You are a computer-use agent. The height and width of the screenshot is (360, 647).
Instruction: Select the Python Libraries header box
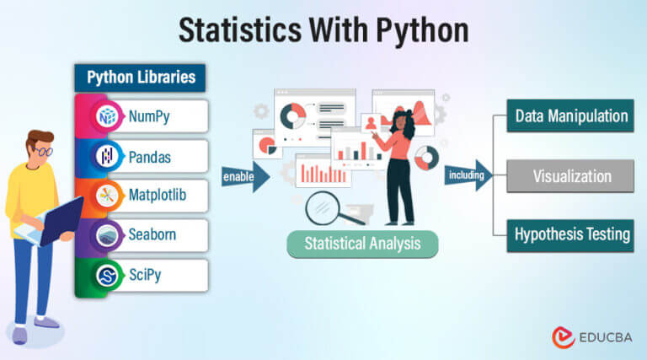click(x=141, y=78)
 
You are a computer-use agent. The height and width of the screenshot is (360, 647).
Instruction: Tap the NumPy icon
click(x=108, y=116)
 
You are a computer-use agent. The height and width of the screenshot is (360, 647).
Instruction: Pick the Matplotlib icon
click(x=108, y=196)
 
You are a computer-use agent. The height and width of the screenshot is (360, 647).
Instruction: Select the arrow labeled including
click(x=468, y=176)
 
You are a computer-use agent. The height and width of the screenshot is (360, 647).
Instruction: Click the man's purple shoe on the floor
click(x=48, y=323)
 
